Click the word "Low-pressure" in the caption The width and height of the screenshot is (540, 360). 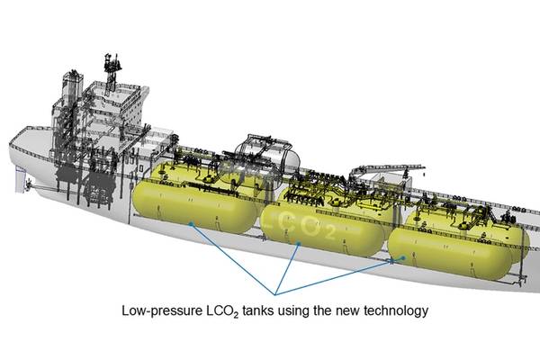click(x=162, y=311)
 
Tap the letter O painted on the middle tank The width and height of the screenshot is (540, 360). click(x=309, y=226)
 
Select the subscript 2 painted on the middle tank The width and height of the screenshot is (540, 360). click(x=329, y=233)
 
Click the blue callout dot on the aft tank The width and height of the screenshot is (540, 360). click(x=192, y=224)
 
